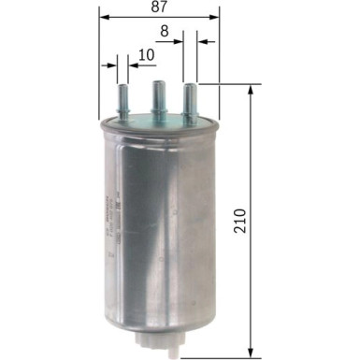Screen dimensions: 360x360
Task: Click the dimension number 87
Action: (x=160, y=8)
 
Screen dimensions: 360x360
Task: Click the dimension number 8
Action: (x=165, y=31)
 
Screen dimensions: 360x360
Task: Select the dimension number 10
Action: (x=145, y=55)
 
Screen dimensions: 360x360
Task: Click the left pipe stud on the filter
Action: (x=122, y=99)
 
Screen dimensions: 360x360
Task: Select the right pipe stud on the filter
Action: (x=192, y=99)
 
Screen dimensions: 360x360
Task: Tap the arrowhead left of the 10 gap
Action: (x=111, y=66)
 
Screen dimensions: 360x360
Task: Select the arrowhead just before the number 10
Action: (x=130, y=66)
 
